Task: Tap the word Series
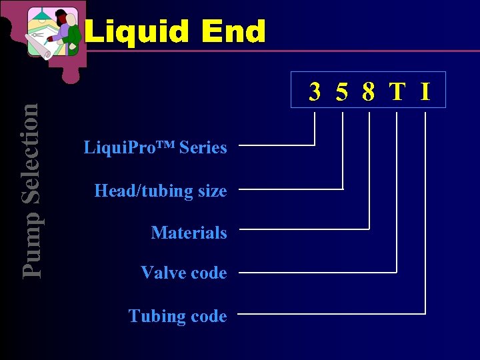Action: [203, 148]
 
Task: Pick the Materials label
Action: [189, 233]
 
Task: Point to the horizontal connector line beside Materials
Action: [303, 229]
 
